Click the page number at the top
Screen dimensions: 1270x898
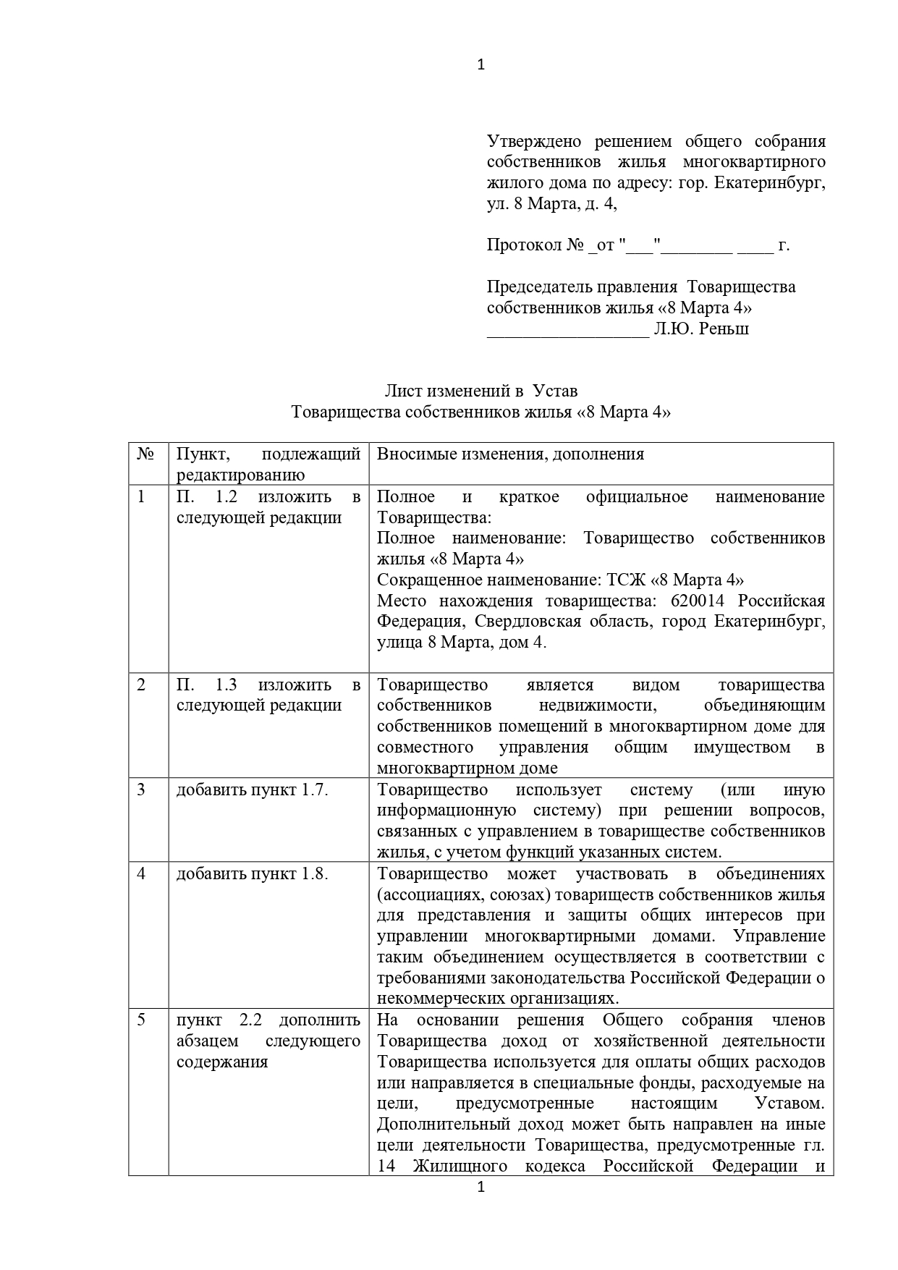[481, 65]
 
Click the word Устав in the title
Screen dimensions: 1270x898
[555, 391]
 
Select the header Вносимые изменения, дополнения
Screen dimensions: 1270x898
[510, 454]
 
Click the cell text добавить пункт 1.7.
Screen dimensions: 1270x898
[253, 789]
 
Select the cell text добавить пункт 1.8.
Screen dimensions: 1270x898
[253, 873]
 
